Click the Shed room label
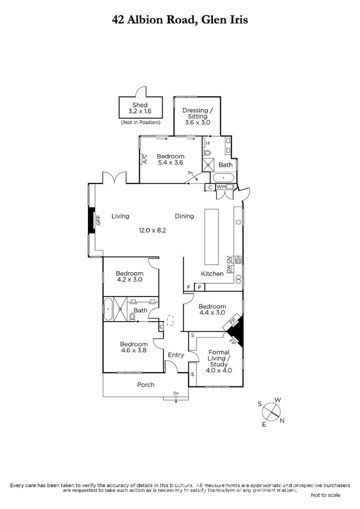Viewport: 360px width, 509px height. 140,105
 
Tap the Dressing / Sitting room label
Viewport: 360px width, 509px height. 197,113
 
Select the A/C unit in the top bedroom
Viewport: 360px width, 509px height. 144,159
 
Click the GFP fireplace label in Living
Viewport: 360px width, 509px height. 98,220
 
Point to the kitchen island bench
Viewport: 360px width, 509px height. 211,237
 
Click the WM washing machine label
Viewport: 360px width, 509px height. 221,187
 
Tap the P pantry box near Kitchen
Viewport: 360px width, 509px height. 200,287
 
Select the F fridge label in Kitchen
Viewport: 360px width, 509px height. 188,288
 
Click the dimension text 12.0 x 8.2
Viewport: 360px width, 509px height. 152,230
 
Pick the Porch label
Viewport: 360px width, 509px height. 146,385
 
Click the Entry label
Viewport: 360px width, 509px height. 176,355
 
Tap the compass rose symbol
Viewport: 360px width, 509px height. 271,412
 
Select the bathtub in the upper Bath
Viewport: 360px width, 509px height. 224,178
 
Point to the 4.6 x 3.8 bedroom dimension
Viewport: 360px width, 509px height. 134,350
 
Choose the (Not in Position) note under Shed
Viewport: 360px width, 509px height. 141,123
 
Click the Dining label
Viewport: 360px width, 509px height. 184,216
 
